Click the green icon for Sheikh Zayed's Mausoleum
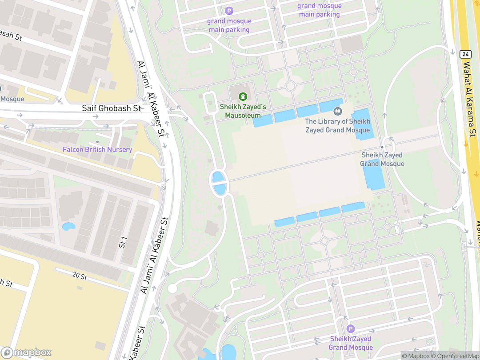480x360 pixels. coord(243,96)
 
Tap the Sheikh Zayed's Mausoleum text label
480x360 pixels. coord(243,111)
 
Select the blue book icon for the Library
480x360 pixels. coord(338,111)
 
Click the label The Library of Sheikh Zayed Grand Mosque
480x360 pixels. coord(337,126)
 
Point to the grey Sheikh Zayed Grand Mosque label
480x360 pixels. coord(382,159)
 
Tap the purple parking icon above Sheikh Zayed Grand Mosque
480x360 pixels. coord(351,329)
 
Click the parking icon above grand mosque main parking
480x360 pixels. coord(229,11)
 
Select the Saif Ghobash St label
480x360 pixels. coord(111,108)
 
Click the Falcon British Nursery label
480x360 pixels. coord(97,149)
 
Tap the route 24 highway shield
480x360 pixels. coord(464,54)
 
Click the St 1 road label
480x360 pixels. coord(123,242)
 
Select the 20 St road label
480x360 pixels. coord(80,276)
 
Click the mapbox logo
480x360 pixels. coord(27,352)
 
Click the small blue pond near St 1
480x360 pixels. coord(68,227)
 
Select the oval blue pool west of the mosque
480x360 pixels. coord(219,183)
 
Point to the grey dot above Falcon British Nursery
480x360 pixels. coord(97,142)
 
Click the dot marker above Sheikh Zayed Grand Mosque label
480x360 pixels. coord(382,147)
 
